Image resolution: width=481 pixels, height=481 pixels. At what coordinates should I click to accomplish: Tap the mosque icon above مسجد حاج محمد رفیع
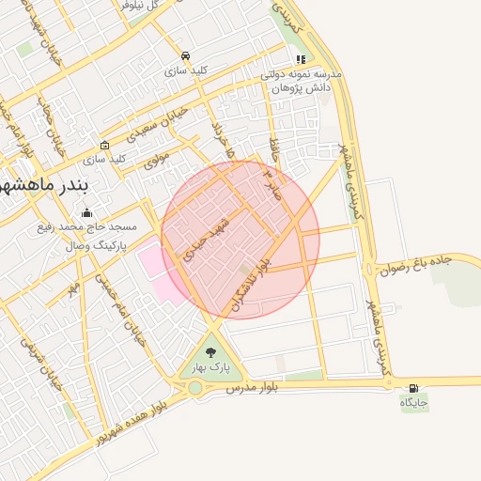tap(87, 212)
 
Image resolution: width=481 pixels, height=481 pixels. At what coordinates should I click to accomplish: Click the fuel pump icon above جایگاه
tap(413, 388)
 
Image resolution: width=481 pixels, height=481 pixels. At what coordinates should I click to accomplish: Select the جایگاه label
tap(414, 403)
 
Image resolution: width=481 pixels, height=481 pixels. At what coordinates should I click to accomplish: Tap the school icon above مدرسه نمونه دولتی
tap(300, 59)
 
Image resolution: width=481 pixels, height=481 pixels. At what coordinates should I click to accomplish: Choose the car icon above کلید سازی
tap(186, 55)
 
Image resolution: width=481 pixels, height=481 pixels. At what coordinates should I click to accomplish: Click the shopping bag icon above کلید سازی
tap(104, 145)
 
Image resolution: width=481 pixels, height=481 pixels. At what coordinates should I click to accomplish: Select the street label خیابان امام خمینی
tap(129, 316)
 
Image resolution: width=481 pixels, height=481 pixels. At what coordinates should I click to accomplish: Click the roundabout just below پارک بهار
tap(195, 387)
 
